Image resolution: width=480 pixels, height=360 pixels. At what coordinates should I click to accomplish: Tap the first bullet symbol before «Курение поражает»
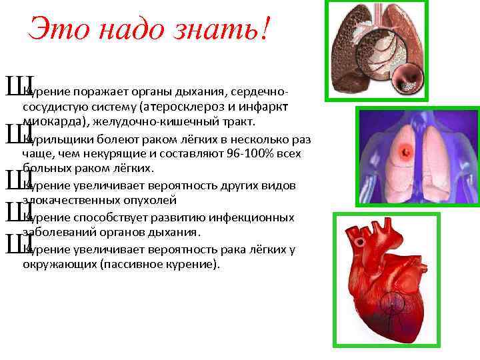pyautogui.click(x=13, y=85)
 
